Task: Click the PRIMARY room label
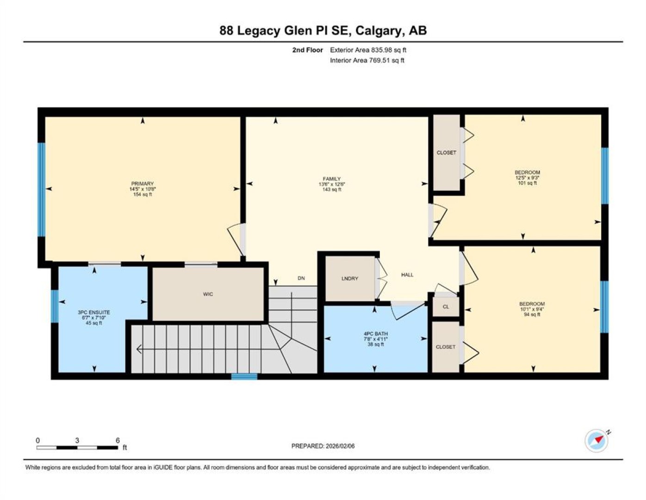point(143,184)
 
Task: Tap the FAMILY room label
point(331,179)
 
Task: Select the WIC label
point(208,294)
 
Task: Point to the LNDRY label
point(349,278)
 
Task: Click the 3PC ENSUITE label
point(94,312)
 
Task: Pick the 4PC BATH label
point(376,334)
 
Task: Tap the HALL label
point(407,275)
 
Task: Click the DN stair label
point(301,278)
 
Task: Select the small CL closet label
point(446,306)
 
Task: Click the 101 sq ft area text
point(528,183)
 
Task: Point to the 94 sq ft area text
point(532,315)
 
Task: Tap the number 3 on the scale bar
point(77,441)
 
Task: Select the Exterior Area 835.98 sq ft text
point(368,50)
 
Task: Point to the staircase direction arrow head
point(139,349)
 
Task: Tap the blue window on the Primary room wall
point(42,190)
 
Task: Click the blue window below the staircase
point(244,376)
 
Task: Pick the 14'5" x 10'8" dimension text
point(143,189)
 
